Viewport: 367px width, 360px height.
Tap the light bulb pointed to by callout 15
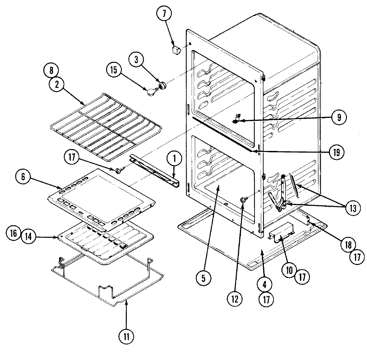(x=152, y=92)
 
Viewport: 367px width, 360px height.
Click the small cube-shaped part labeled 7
(x=176, y=50)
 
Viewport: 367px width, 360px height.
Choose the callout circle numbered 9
(x=338, y=117)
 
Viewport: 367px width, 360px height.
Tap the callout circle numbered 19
(x=336, y=152)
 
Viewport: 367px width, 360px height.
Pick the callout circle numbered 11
(x=127, y=336)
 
